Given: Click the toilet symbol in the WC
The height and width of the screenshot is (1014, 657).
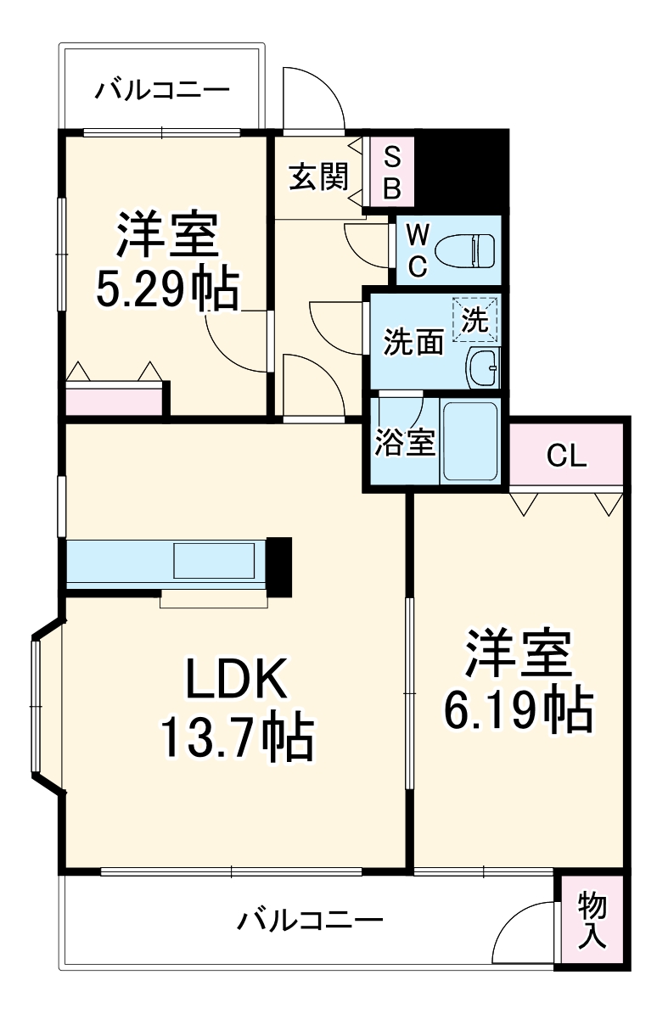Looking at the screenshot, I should (465, 250).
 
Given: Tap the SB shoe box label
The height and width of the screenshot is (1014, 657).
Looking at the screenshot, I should (391, 172).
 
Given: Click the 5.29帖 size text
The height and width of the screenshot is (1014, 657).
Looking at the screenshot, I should (166, 291).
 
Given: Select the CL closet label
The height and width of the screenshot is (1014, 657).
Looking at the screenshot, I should (566, 457).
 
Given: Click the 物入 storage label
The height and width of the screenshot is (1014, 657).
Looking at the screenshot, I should (592, 921).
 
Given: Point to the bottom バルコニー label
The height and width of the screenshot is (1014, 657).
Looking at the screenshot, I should (310, 920).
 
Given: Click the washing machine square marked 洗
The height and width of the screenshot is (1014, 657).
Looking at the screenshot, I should (476, 319).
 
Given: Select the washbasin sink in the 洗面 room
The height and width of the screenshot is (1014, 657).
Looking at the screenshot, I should (484, 367).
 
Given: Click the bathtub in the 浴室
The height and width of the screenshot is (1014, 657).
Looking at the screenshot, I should (472, 441).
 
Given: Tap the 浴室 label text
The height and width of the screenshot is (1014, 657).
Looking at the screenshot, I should (405, 442).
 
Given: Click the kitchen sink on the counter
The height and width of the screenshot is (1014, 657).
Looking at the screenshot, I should (214, 561).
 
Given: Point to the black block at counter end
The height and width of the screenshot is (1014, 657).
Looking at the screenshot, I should (280, 565).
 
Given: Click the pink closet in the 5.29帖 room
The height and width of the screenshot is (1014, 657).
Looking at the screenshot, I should (114, 401).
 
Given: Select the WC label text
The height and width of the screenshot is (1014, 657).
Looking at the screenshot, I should (416, 249).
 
